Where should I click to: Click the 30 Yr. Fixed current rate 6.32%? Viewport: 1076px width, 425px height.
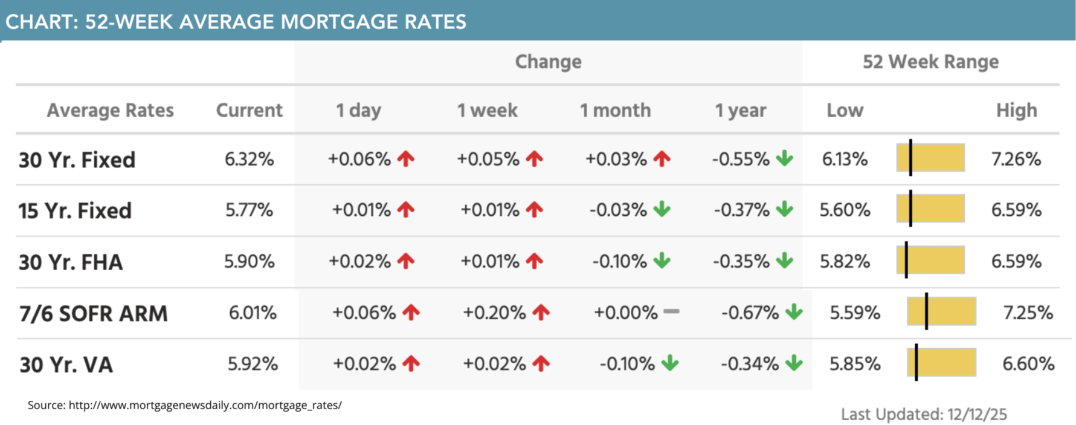point(249,160)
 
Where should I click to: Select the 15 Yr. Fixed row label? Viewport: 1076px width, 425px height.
point(75,211)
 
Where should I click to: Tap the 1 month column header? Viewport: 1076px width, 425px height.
point(615,111)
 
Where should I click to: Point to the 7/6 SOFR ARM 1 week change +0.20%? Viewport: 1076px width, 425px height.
point(494,313)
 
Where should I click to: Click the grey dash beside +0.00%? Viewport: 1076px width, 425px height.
point(671,312)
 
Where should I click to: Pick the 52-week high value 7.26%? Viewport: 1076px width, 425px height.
point(1016,160)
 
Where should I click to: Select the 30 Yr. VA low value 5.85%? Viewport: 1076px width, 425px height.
point(854,364)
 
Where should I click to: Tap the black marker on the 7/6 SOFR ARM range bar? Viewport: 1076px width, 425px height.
point(926,312)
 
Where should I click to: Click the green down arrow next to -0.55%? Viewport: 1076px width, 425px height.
point(785,159)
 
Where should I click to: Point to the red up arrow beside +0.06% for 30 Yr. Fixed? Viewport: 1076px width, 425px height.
point(406,159)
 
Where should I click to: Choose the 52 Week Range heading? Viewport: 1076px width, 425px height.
point(930,62)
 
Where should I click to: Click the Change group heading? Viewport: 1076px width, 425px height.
point(548,62)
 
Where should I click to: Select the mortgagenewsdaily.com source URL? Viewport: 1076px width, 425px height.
point(205,405)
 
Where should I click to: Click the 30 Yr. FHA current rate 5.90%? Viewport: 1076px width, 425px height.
point(249,262)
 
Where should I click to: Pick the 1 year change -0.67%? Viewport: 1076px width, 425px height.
point(750,313)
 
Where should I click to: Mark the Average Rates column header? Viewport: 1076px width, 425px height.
point(110,111)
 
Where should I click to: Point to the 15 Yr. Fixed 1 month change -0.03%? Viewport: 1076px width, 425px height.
point(618,210)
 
